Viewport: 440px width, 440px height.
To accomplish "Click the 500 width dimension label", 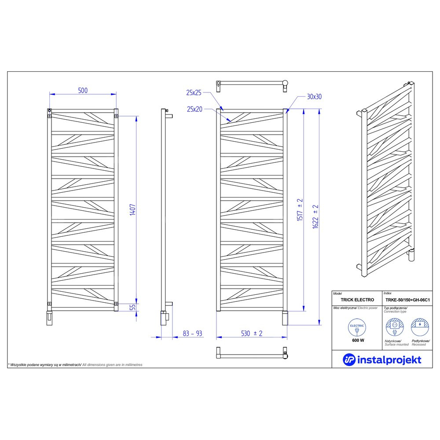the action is [x=83, y=90].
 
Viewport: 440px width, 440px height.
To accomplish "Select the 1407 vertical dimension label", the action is [x=132, y=209].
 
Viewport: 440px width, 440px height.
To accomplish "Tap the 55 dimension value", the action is [x=133, y=307].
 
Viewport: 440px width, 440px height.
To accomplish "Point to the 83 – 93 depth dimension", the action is [x=193, y=334].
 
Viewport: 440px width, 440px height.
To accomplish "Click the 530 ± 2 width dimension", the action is [x=252, y=334].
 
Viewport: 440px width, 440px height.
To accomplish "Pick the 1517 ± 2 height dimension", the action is [x=300, y=209].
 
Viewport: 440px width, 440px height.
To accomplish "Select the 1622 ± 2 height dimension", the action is [x=315, y=216].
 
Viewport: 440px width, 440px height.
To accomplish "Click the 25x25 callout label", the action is [x=194, y=92].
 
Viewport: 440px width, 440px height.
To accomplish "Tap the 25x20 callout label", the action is [x=194, y=109].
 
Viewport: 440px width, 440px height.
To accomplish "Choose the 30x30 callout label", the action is [x=314, y=96].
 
